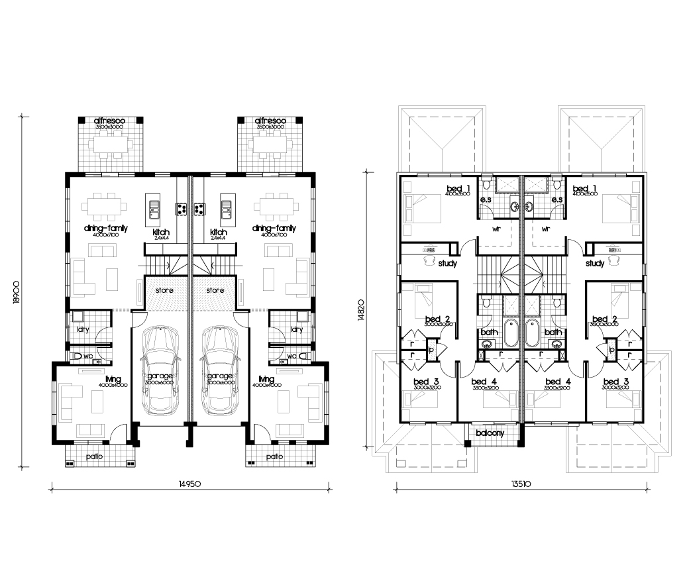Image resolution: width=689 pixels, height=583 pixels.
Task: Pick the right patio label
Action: pyautogui.click(x=276, y=456)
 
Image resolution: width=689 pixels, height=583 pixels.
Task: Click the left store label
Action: pyautogui.click(x=164, y=290)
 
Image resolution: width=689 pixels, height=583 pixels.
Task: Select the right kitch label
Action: pyautogui.click(x=219, y=232)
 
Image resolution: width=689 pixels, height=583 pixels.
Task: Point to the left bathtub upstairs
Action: pyautogui.click(x=511, y=334)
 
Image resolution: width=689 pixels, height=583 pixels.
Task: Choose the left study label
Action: pyautogui.click(x=447, y=263)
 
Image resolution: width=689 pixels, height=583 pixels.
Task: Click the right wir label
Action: pyautogui.click(x=546, y=229)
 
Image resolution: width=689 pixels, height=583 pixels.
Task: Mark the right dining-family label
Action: pyautogui.click(x=274, y=228)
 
